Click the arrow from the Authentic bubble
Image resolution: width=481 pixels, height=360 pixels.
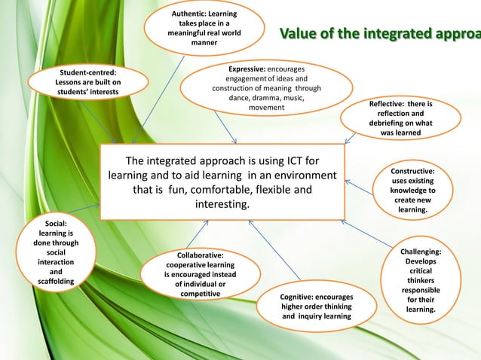(159, 99)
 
